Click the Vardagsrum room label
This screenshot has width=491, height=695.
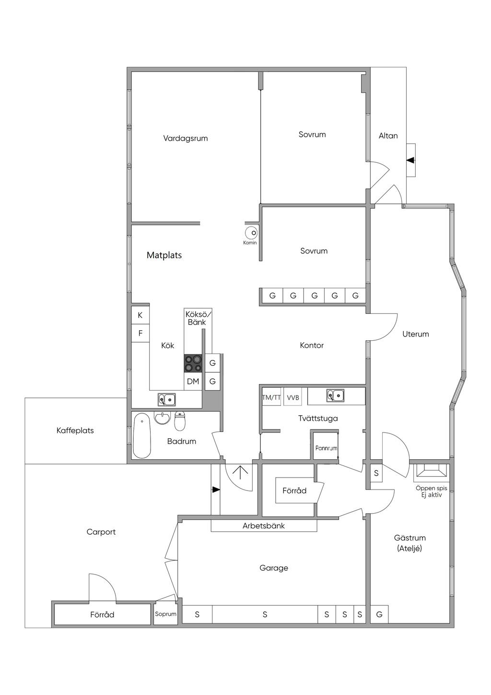186,138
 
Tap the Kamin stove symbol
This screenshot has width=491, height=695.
251,233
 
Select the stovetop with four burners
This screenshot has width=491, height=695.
193,363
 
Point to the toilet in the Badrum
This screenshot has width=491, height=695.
179,421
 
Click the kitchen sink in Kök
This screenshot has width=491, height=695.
166,399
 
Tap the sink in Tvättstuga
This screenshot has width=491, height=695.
335,395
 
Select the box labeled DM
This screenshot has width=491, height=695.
193,381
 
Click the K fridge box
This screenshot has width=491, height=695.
140,315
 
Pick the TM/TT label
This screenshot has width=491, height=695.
271,397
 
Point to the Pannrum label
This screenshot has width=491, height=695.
326,448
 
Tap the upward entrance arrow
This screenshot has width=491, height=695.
241,473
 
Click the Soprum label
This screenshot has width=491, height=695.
165,614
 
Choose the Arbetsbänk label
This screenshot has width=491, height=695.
263,526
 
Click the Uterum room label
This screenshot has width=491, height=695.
415,334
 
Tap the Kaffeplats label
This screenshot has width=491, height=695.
75,431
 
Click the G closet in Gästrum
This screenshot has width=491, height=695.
379,614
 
